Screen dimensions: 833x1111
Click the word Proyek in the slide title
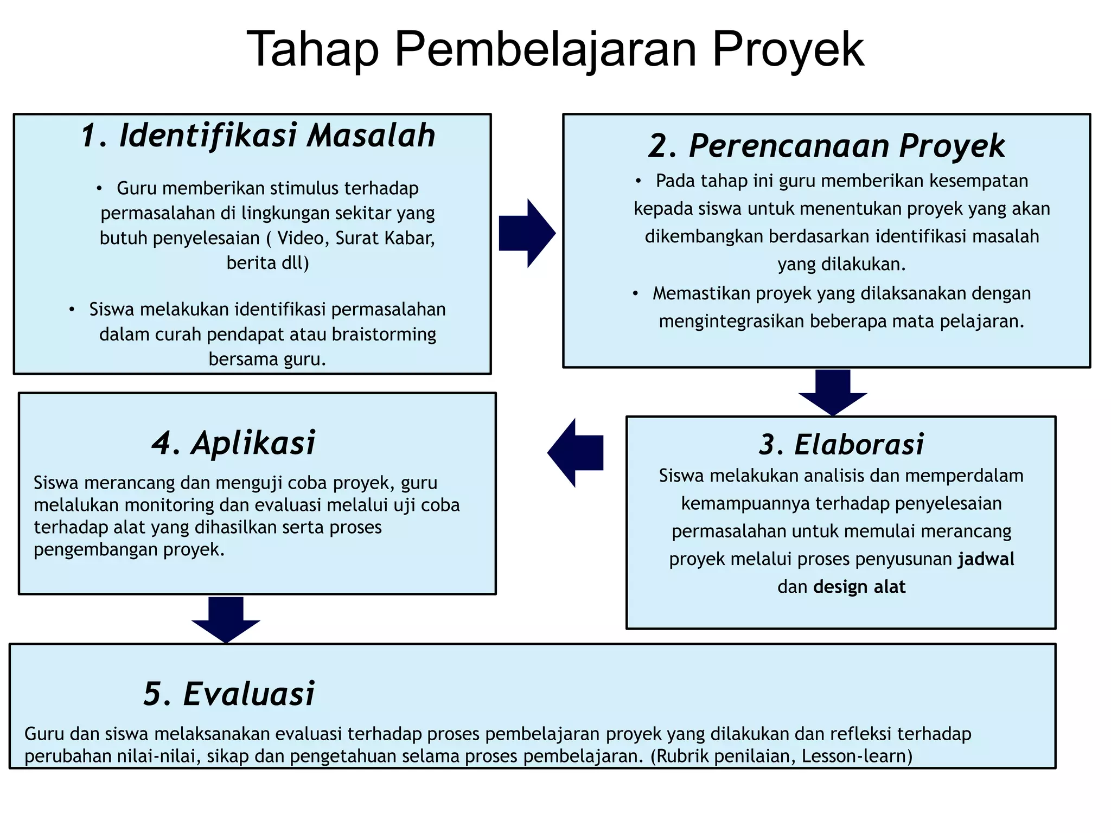point(788,50)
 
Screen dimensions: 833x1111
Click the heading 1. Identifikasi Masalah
point(258,136)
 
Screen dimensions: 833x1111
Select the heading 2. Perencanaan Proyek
point(826,146)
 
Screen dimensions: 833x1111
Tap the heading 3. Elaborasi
point(841,444)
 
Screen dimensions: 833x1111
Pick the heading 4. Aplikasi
point(233,443)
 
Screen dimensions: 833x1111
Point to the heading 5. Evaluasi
point(229,694)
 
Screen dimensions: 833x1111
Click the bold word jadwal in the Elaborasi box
point(986,559)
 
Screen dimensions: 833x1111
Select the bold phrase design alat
point(859,587)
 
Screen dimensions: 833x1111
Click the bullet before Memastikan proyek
point(635,293)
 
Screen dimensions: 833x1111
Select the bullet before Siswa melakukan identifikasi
point(72,310)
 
